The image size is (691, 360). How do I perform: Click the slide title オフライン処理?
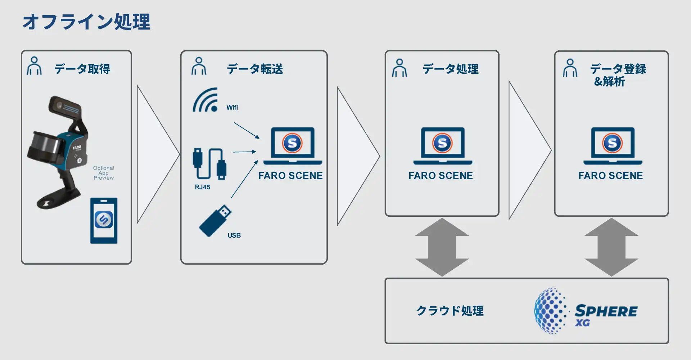(86, 22)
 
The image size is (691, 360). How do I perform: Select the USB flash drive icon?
(215, 221)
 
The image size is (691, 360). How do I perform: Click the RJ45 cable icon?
(209, 164)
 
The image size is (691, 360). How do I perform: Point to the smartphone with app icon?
(104, 220)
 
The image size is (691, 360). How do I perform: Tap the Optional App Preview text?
(104, 173)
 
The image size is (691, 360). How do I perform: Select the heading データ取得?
(82, 69)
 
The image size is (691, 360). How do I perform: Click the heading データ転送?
(255, 69)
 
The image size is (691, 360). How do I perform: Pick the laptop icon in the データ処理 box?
(442, 146)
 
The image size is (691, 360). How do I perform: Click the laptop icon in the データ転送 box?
(292, 146)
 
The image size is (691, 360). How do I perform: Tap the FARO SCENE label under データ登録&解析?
(610, 176)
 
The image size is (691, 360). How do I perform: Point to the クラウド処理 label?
(450, 311)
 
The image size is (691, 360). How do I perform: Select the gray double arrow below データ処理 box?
(442, 247)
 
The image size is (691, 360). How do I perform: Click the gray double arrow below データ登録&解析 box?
(611, 247)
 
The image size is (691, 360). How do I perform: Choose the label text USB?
(234, 235)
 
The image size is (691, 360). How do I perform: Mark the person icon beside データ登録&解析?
(570, 68)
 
